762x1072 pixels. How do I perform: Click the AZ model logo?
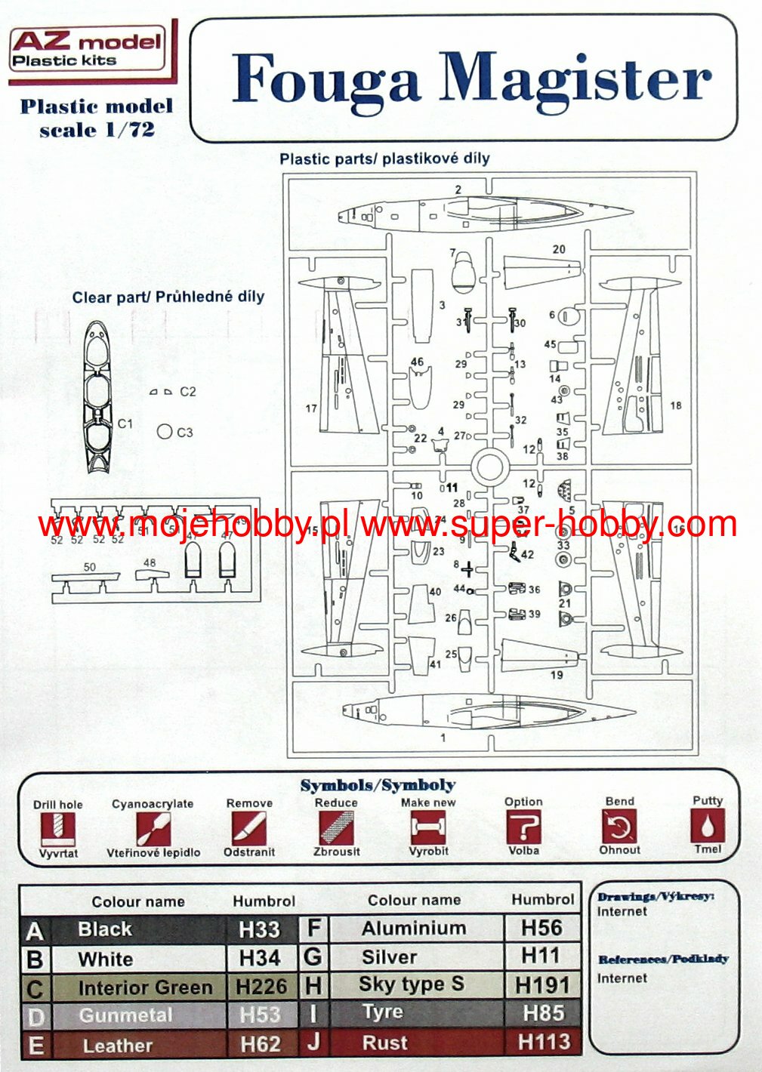pos(87,48)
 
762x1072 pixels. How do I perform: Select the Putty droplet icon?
pos(707,826)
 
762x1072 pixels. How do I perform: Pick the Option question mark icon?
pos(523,827)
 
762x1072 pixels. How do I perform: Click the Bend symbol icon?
pos(619,827)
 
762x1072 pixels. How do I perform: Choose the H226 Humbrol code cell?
pos(261,987)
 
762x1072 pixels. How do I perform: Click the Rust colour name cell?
pos(385,1043)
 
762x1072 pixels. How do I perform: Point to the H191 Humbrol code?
pos(542,985)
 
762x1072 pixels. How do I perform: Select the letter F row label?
pos(314,929)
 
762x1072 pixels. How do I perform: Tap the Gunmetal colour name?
pos(125,1015)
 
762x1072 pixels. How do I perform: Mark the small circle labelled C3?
pos(165,432)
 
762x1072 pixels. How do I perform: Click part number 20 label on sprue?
pos(559,250)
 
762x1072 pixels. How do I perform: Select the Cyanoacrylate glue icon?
pos(153,829)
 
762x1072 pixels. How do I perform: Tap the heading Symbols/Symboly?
pos(378,785)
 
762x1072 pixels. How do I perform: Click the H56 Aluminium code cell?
pos(541,928)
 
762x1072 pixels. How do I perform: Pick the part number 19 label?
pos(557,674)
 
